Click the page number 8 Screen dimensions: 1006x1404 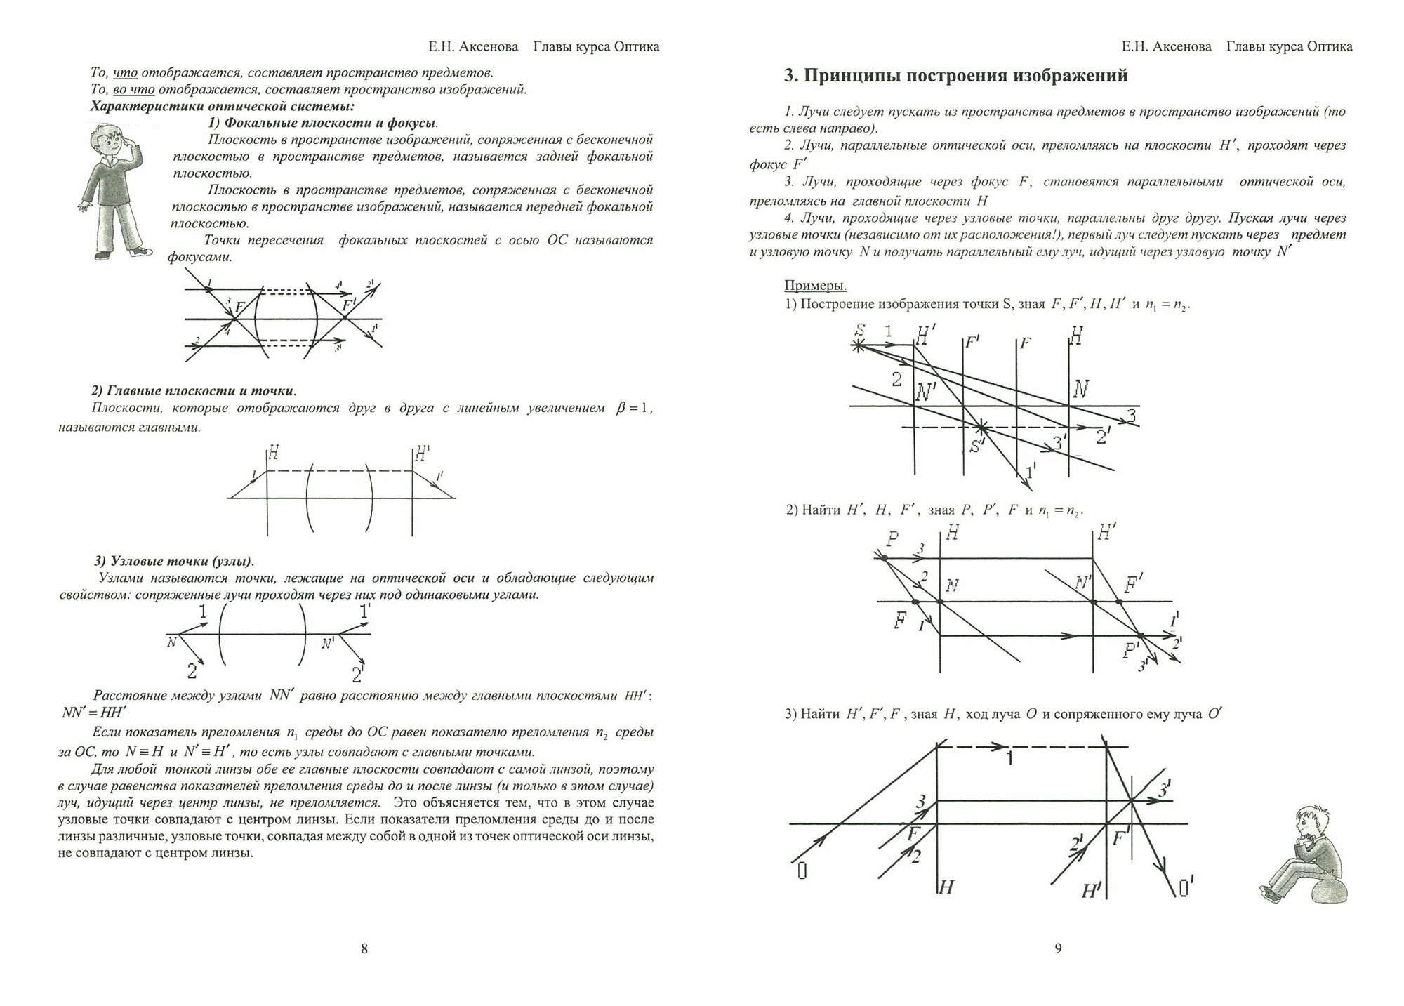(x=364, y=949)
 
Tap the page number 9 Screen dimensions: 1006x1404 (x=1059, y=949)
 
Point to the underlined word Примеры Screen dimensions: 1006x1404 (x=815, y=286)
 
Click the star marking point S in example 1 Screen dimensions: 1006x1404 (x=858, y=345)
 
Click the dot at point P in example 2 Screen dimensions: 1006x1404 (x=884, y=558)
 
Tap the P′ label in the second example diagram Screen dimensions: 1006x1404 (x=1130, y=651)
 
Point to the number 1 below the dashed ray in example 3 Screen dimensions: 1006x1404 (x=1009, y=759)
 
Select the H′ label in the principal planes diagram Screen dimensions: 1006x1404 (x=422, y=454)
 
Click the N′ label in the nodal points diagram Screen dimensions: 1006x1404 (x=328, y=642)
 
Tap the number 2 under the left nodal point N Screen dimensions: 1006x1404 (x=192, y=671)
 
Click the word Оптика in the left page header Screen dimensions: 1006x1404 (x=636, y=47)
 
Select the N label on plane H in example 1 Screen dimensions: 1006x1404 (x=1081, y=388)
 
